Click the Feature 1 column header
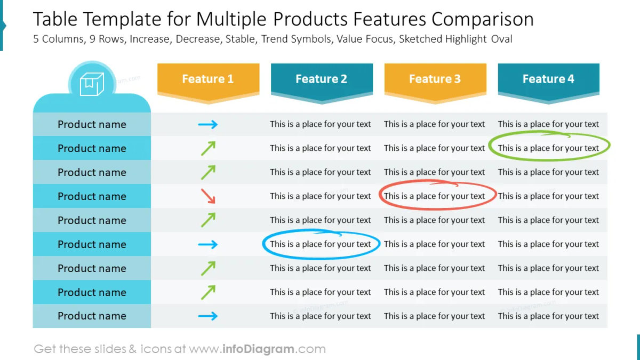[x=208, y=79]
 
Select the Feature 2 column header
[x=321, y=79]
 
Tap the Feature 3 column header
[x=435, y=79]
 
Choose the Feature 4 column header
[x=548, y=79]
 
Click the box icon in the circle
[x=92, y=84]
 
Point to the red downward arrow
[x=208, y=196]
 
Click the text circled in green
[x=548, y=148]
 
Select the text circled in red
[x=435, y=196]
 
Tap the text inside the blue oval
[x=321, y=244]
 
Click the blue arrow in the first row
[x=208, y=125]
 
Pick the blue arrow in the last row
[x=208, y=316]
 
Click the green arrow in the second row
[x=208, y=148]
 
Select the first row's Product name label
[x=92, y=125]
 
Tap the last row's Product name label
[x=92, y=316]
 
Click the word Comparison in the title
[x=482, y=20]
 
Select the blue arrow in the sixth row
[x=208, y=244]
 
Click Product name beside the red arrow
[x=92, y=196]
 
